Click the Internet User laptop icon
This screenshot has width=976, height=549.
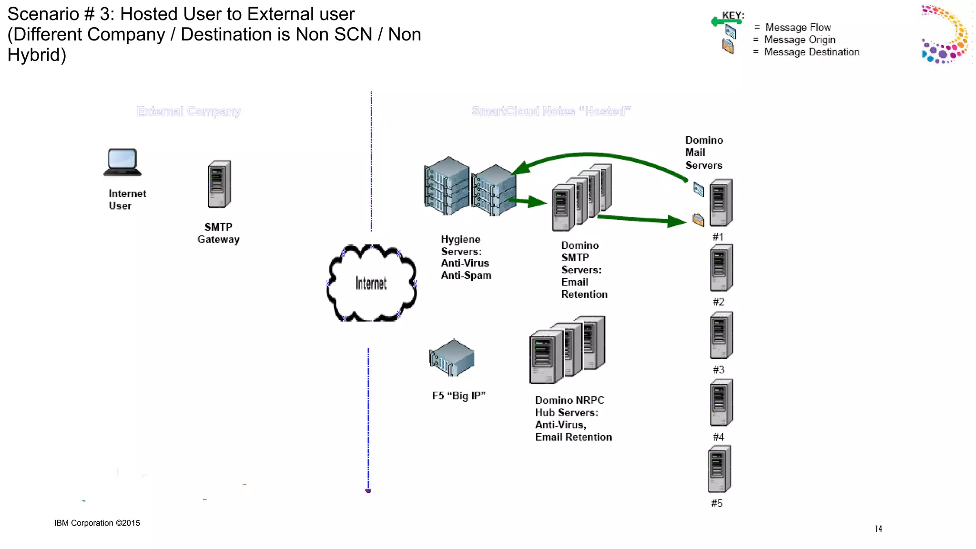(x=122, y=162)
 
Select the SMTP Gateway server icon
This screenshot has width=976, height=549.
(x=219, y=184)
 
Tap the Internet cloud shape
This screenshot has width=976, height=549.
(x=371, y=283)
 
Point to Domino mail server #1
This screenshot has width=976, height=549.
(x=721, y=203)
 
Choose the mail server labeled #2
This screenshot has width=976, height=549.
(x=721, y=268)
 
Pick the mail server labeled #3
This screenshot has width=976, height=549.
(x=721, y=335)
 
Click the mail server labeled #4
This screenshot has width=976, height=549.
(x=721, y=402)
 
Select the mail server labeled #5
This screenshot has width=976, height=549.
(x=719, y=469)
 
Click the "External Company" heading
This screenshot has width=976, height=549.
(x=189, y=112)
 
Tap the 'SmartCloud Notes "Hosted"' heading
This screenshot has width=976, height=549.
(x=551, y=112)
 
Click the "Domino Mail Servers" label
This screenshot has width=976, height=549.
(x=704, y=152)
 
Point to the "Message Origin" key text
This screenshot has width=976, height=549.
(x=800, y=40)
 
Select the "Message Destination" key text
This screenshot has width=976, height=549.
(x=812, y=52)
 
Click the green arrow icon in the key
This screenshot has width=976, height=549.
(x=726, y=21)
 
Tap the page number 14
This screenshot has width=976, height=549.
(x=878, y=529)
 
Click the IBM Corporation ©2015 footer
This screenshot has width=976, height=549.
(x=97, y=523)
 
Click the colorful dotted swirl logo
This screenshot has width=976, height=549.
(x=945, y=34)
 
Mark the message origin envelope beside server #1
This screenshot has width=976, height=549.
(x=698, y=189)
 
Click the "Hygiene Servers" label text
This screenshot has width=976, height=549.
(x=461, y=245)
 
